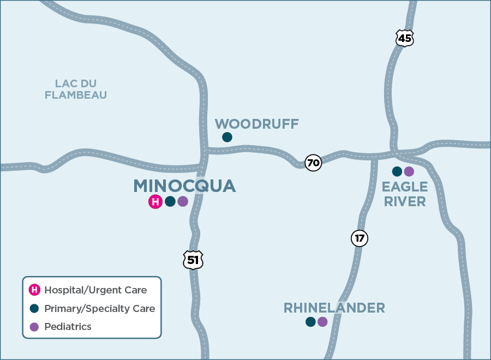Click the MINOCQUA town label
click(x=184, y=186)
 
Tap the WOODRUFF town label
click(x=256, y=124)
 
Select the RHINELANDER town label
click(x=334, y=308)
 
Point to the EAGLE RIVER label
click(x=404, y=194)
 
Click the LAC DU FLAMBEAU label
click(x=76, y=89)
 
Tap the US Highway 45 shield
click(x=404, y=38)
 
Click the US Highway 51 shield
click(x=193, y=260)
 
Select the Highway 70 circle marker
click(x=313, y=163)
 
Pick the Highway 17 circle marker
click(x=359, y=238)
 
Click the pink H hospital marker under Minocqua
click(x=155, y=202)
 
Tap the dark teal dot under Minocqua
click(x=170, y=201)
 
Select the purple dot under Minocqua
click(x=183, y=201)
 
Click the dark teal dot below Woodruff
click(x=227, y=137)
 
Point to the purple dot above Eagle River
click(x=409, y=171)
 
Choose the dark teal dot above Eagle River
click(x=397, y=171)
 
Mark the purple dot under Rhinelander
click(x=322, y=322)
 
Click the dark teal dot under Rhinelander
click(x=310, y=322)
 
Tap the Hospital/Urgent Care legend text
click(x=95, y=290)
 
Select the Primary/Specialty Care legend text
click(x=99, y=308)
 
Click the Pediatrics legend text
click(x=68, y=327)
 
